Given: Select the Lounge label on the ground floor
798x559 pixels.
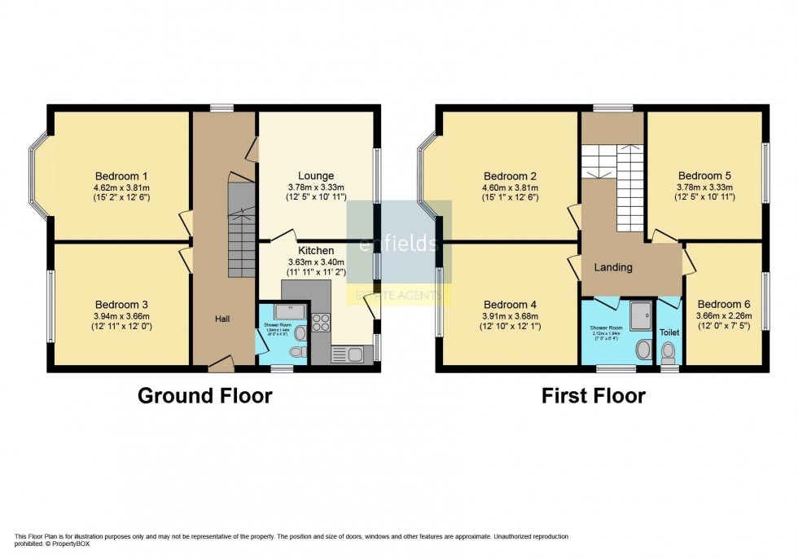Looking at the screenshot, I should point(316,176).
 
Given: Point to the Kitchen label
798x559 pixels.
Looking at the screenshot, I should point(315,250).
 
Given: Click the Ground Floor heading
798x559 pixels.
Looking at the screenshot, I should point(204,396).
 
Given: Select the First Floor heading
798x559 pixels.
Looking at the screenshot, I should point(594,396).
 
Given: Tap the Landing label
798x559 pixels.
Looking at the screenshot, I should point(613,267).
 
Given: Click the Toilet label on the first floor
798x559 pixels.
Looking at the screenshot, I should point(669,332).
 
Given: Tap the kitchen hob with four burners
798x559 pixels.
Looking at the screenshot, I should point(320,322).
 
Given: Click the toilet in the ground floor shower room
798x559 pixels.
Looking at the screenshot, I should point(296,352).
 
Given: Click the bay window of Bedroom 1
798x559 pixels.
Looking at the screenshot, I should point(38,176).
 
